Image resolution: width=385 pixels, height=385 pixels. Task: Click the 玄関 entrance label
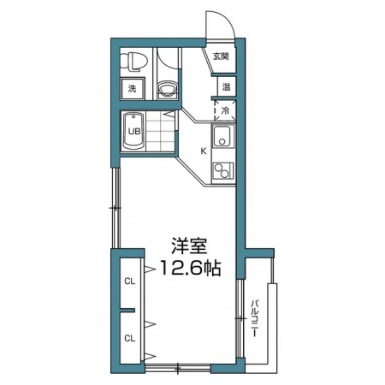tap(221, 56)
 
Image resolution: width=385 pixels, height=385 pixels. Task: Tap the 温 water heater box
tap(227, 86)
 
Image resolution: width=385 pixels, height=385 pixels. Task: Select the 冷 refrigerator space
tap(225, 110)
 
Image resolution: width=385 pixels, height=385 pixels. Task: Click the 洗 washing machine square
tap(132, 89)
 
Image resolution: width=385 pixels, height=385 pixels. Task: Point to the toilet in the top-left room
tap(133, 62)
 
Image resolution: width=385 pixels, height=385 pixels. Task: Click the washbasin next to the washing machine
tap(168, 88)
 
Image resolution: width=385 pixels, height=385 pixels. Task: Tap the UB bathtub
tap(133, 131)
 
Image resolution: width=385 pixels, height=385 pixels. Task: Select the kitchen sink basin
tap(222, 135)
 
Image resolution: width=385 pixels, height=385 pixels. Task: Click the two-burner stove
tap(223, 171)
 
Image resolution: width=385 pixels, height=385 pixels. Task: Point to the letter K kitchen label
tap(204, 151)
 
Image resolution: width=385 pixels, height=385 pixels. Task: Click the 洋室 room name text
tap(189, 246)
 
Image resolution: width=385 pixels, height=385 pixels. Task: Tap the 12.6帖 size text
tap(191, 268)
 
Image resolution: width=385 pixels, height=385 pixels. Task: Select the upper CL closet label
tap(130, 281)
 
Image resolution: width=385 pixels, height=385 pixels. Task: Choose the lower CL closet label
tap(130, 339)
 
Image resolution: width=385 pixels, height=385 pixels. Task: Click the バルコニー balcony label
tap(254, 318)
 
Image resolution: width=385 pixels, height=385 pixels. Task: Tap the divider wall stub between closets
tap(127, 310)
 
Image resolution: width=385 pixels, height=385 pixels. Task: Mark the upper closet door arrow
tap(150, 269)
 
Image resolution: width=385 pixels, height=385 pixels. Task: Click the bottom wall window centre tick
tap(178, 368)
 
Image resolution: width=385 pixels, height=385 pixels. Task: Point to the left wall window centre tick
tap(115, 208)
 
